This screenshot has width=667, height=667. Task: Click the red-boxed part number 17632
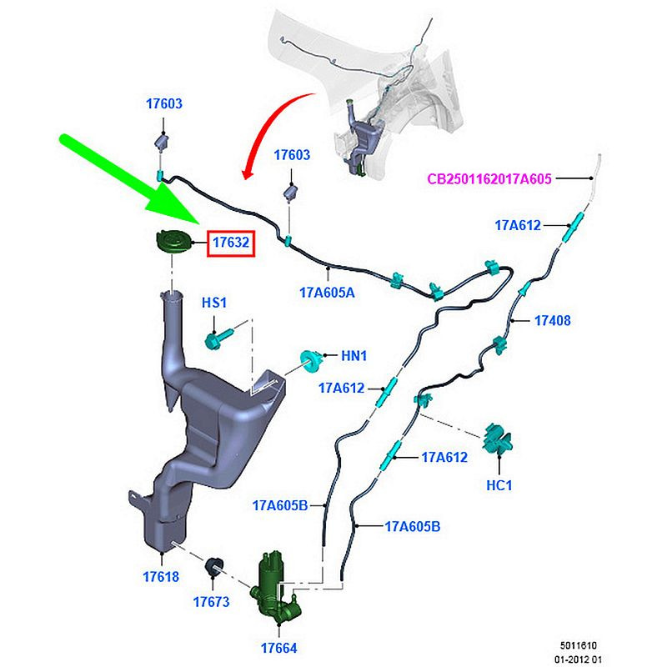coord(230,243)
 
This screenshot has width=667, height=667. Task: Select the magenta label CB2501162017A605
coord(489,178)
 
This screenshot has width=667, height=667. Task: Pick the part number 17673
coord(211,600)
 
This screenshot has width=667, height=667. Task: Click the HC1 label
coord(500,484)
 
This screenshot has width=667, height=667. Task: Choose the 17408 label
coord(553,320)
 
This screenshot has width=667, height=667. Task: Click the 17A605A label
coord(327,293)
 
